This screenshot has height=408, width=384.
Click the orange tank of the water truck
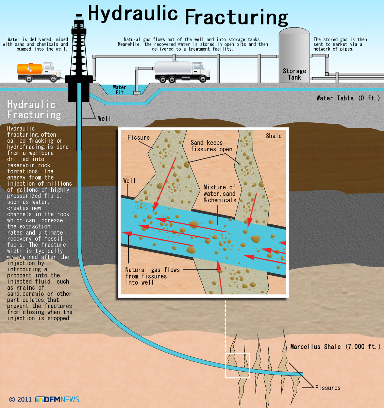[30, 69]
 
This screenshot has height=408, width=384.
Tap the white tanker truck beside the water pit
[182, 71]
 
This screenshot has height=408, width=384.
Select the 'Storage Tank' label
[294, 74]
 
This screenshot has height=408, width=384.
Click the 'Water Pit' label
[119, 90]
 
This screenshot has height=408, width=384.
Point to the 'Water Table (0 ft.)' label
[348, 98]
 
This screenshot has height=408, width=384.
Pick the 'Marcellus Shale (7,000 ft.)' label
[335, 347]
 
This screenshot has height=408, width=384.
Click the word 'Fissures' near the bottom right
[328, 388]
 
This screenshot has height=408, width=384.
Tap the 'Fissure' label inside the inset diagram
[138, 138]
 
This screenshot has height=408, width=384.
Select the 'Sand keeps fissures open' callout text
[211, 146]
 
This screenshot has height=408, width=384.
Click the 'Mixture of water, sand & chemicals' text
[220, 194]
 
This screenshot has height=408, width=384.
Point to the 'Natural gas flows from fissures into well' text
[152, 276]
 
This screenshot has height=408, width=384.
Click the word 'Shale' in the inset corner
[274, 136]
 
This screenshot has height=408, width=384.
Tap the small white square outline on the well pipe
[237, 365]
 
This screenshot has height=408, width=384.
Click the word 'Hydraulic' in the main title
[133, 14]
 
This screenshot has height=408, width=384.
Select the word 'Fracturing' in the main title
[236, 17]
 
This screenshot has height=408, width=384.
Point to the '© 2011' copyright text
[20, 400]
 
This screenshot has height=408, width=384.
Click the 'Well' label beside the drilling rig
[104, 118]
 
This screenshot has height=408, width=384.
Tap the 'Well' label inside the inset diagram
[129, 181]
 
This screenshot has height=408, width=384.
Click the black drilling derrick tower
[79, 51]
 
